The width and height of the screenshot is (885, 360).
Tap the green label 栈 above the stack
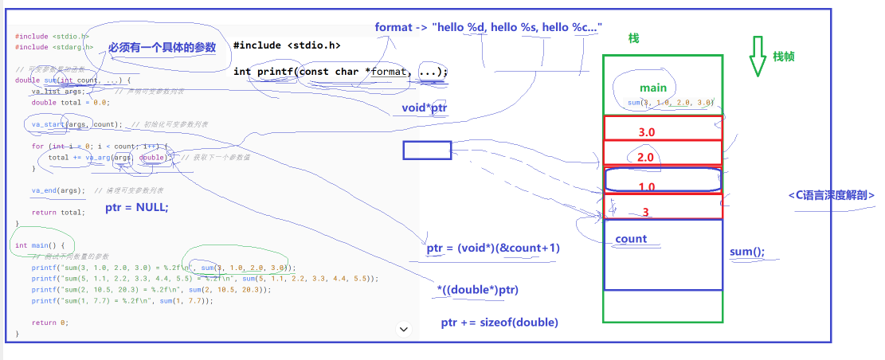[634, 38]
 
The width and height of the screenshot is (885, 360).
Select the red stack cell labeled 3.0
[663, 129]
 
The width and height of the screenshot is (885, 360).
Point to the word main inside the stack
[652, 88]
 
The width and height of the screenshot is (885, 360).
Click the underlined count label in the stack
[631, 239]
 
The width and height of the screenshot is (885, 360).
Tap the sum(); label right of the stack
[747, 252]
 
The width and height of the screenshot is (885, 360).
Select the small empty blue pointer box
[427, 150]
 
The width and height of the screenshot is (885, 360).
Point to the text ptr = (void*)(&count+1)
[493, 248]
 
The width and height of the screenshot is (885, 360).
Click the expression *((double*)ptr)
[478, 290]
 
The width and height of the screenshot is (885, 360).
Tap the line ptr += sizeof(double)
[499, 323]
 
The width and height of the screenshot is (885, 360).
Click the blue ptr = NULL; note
[137, 208]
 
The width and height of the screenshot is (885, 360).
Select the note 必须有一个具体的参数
[163, 48]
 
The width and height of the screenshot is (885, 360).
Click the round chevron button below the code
[403, 328]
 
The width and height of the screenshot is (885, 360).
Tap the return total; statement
[58, 213]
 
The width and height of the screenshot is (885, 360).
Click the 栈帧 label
[783, 57]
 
